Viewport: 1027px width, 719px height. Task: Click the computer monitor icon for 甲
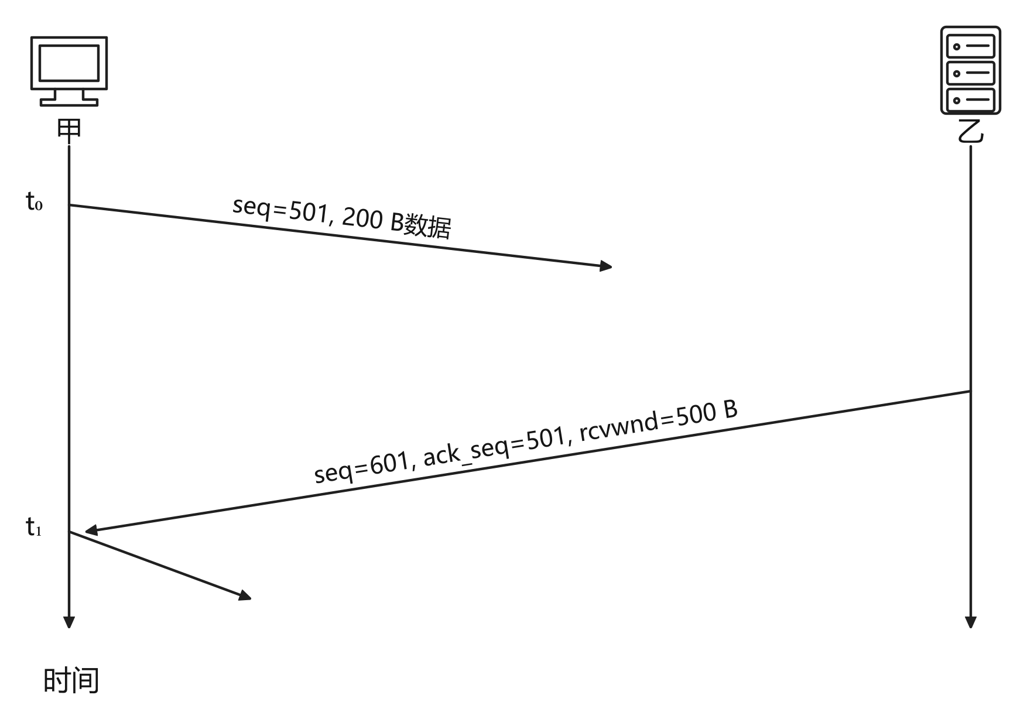(x=69, y=71)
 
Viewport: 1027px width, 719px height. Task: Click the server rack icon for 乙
(x=970, y=70)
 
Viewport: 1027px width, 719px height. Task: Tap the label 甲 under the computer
(x=69, y=129)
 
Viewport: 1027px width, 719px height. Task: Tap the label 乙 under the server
(x=970, y=132)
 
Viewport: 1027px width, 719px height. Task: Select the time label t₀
(x=34, y=202)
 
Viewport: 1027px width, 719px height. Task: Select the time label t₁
(x=34, y=528)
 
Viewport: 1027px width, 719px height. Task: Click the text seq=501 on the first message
(x=280, y=209)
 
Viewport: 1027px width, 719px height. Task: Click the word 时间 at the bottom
(x=71, y=680)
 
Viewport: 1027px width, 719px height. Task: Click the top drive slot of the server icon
(x=970, y=46)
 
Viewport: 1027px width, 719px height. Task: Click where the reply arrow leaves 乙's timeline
(x=970, y=391)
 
